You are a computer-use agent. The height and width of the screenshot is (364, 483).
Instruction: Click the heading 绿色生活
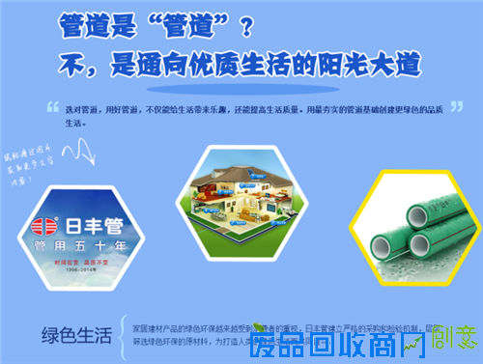(x=77, y=335)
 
